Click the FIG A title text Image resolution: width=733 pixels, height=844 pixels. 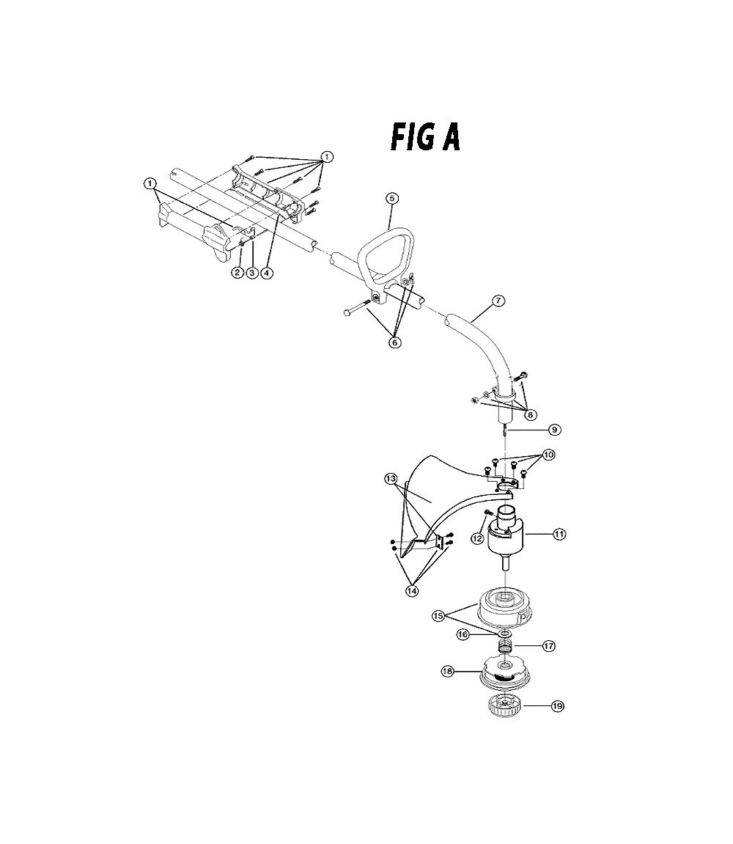click(x=425, y=137)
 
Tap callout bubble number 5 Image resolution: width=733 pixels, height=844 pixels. click(x=392, y=198)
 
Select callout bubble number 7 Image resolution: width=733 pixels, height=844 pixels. click(x=499, y=301)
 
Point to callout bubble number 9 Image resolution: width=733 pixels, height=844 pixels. click(x=554, y=430)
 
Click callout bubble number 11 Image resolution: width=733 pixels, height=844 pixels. click(x=560, y=534)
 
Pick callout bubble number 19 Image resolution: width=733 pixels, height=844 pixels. click(x=558, y=705)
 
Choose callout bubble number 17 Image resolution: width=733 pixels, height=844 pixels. click(x=548, y=645)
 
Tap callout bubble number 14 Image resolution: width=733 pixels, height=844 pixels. click(x=412, y=590)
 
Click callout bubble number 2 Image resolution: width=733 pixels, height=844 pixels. click(x=237, y=272)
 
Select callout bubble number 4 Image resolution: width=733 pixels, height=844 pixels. click(x=267, y=272)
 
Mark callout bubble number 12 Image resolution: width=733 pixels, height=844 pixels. click(x=477, y=537)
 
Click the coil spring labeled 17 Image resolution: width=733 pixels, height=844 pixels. click(x=504, y=647)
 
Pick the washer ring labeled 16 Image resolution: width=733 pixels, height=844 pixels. click(x=504, y=633)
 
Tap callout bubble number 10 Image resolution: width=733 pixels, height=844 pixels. click(x=548, y=455)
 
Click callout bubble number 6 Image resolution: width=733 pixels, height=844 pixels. click(x=395, y=342)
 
